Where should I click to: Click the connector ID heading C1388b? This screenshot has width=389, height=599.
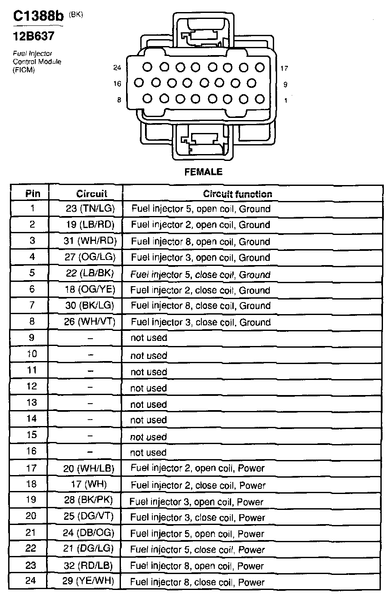38,16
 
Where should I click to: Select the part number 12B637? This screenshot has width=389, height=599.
34,36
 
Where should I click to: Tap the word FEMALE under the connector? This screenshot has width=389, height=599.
203,172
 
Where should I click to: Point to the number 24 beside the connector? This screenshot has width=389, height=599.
117,68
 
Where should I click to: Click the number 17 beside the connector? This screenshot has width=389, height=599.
284,68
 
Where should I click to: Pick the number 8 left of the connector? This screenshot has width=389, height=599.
119,100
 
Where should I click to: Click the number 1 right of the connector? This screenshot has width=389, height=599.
286,100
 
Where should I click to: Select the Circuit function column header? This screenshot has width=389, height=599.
238,194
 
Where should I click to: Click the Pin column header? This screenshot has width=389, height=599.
33,194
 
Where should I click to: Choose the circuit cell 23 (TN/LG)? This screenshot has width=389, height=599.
90,209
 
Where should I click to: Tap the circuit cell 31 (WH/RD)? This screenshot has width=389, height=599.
90,241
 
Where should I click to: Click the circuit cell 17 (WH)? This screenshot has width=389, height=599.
89,484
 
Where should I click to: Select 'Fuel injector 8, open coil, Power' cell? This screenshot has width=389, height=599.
197,566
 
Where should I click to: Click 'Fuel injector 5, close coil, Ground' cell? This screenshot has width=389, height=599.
201,275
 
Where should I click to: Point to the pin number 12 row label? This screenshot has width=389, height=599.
32,386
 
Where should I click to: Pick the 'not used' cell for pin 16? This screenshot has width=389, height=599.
148,452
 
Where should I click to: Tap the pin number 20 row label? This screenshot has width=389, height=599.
31,516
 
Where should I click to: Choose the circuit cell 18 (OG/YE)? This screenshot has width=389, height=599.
90,289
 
